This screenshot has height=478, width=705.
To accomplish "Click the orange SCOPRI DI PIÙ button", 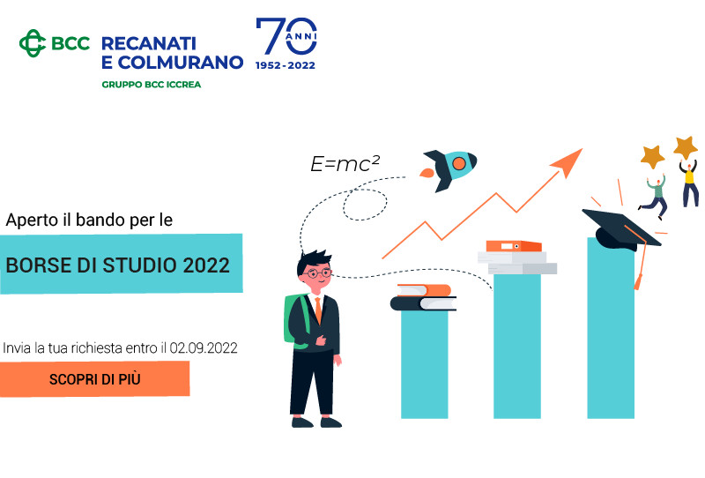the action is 94,379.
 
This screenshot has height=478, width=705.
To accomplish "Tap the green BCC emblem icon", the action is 33,43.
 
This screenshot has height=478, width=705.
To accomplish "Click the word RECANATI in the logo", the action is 149,44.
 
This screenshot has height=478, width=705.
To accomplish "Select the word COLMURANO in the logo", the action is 181,63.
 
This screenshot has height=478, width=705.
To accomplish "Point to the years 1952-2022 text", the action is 286,66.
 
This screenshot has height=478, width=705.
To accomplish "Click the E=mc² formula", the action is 345,164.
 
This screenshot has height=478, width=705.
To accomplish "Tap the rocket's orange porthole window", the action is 458,163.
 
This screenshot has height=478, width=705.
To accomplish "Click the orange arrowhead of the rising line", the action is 568,161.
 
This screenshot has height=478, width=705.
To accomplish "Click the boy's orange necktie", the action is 318,310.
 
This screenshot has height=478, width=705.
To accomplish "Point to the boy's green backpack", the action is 296,320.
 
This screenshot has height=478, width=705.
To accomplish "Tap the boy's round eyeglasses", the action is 318,273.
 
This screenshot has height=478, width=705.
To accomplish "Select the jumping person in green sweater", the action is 654,197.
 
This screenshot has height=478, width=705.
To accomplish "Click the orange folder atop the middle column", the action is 514,246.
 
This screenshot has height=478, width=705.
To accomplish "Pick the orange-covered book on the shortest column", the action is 424,290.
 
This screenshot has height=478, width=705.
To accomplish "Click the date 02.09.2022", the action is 204,348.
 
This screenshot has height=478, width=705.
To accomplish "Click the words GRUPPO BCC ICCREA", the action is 151,85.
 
